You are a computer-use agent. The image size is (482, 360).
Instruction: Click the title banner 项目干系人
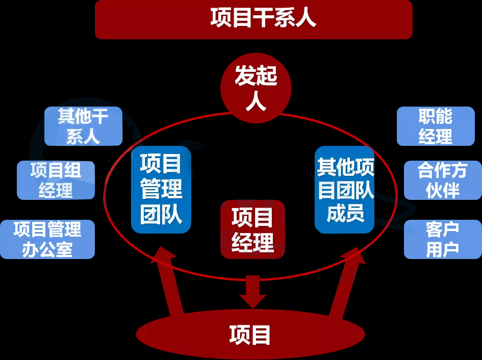253,19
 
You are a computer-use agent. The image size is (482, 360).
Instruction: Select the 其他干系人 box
83,126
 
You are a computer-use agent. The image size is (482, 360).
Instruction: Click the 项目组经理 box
56,180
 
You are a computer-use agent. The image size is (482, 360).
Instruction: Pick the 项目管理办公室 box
47,239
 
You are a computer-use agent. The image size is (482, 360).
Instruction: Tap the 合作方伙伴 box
442,180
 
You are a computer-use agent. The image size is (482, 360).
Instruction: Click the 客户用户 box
442,239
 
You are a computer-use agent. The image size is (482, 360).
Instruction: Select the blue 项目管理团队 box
161,190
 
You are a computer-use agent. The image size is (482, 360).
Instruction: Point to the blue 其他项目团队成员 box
345,190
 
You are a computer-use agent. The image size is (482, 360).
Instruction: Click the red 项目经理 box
252,229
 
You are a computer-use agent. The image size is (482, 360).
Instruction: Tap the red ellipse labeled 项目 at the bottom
250,335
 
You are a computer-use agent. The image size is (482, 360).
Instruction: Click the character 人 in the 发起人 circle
256,101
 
